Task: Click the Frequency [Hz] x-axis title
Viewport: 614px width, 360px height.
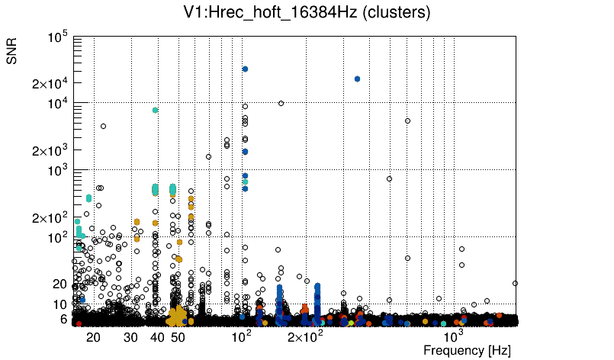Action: click(467, 350)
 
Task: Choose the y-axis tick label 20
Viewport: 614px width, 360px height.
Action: click(61, 284)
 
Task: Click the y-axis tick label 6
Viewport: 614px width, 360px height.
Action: click(65, 319)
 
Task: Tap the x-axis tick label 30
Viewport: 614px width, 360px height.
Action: click(131, 337)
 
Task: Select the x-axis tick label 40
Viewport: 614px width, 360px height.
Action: click(157, 337)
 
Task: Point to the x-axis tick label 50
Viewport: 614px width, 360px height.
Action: click(178, 337)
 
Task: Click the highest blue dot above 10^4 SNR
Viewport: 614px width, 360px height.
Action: click(245, 69)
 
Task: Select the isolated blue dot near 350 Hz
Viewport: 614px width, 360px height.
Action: click(357, 79)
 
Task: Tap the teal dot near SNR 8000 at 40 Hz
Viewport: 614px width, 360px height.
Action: click(156, 110)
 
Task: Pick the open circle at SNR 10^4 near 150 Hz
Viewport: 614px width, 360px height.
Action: click(281, 103)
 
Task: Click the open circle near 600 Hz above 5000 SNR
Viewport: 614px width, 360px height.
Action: click(407, 121)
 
